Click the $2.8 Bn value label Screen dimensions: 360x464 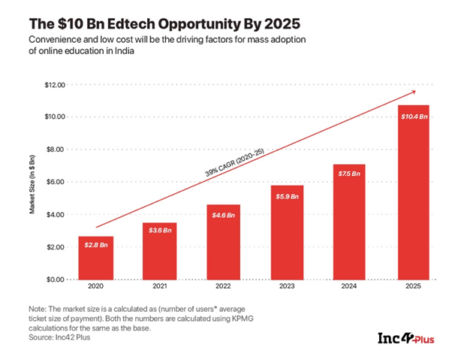tap(96, 245)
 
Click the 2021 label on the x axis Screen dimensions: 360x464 tap(159, 286)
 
